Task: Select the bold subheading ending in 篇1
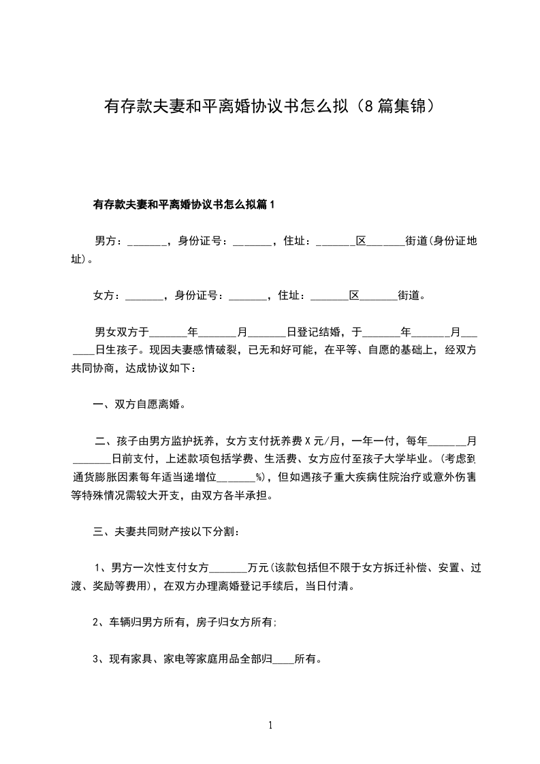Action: [182, 204]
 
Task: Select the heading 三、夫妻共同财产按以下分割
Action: [165, 531]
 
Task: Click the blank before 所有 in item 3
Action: [283, 660]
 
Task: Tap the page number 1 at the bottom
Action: [270, 725]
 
